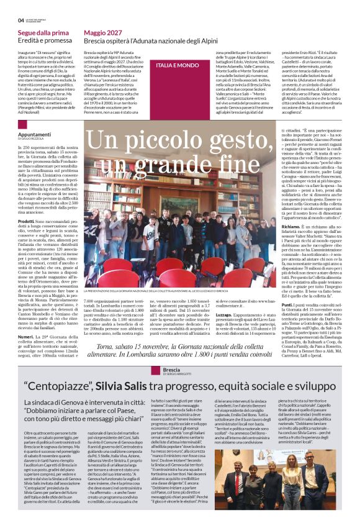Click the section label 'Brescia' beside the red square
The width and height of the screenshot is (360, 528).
pos(173,368)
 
